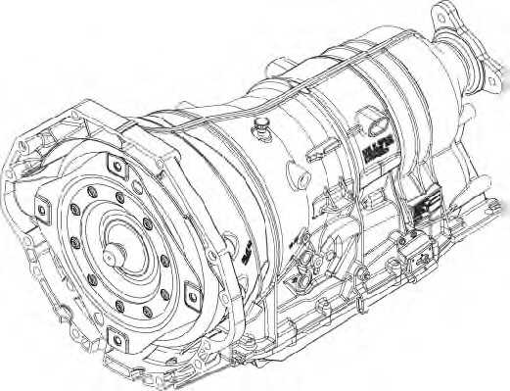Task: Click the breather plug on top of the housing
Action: click(x=262, y=122)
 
